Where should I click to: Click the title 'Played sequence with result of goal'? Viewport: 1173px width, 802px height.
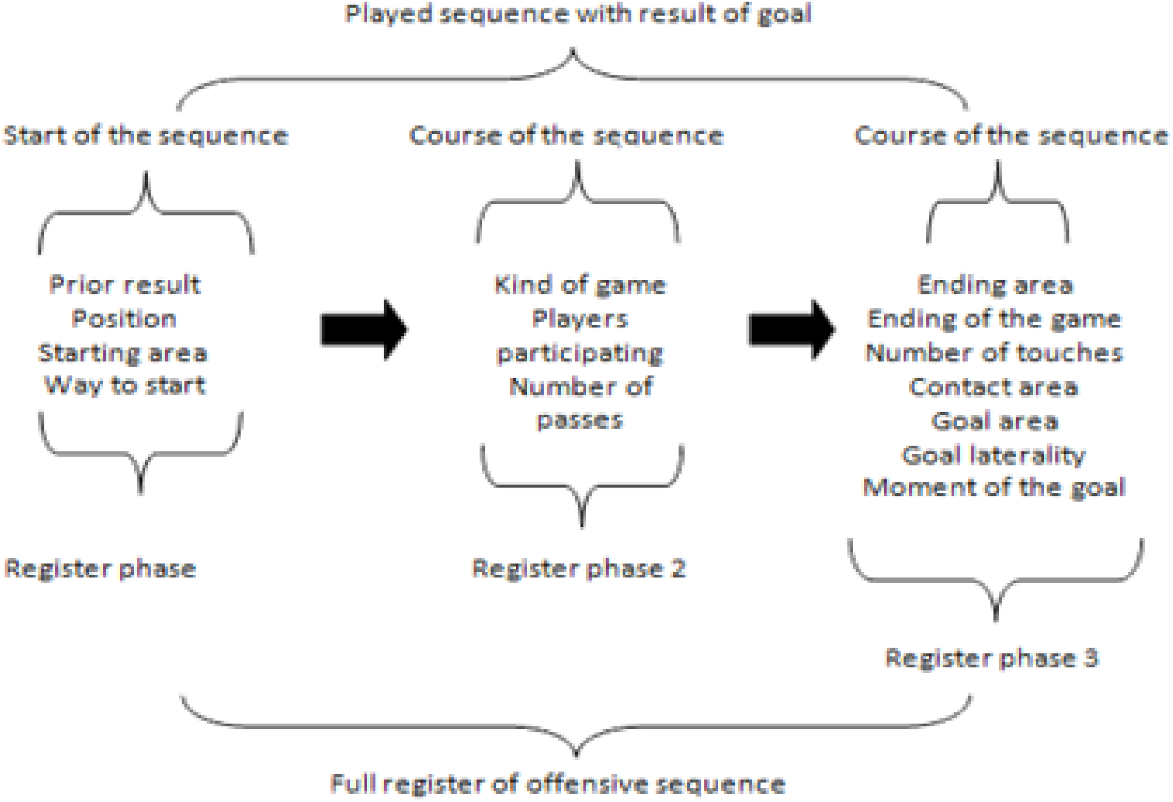tap(579, 14)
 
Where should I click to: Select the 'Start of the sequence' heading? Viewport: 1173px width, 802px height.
tap(145, 136)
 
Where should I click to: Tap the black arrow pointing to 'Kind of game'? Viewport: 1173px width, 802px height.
tap(364, 330)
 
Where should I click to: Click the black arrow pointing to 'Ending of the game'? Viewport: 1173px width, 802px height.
tap(791, 330)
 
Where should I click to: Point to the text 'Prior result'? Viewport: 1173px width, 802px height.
tap(125, 285)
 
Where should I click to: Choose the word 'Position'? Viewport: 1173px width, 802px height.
tap(124, 319)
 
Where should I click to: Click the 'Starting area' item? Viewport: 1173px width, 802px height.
tap(123, 353)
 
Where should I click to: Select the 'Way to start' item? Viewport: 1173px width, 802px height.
tap(125, 386)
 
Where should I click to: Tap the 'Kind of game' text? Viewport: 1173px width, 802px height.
tap(580, 286)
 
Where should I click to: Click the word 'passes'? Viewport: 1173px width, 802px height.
tap(580, 420)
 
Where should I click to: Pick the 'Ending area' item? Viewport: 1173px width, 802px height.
tap(995, 285)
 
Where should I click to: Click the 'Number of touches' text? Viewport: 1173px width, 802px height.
tap(994, 353)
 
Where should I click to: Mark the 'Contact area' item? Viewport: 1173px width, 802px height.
tap(994, 387)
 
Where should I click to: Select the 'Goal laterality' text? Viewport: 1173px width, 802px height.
tap(993, 455)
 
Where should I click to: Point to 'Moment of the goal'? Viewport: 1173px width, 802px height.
tap(994, 488)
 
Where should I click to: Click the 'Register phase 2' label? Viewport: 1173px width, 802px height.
tap(579, 569)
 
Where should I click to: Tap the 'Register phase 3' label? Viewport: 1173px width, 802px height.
tap(992, 658)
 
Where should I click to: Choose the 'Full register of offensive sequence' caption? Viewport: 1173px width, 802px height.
tap(558, 784)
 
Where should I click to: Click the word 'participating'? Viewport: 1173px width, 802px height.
tap(580, 353)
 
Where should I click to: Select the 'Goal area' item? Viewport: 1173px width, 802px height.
tap(994, 421)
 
